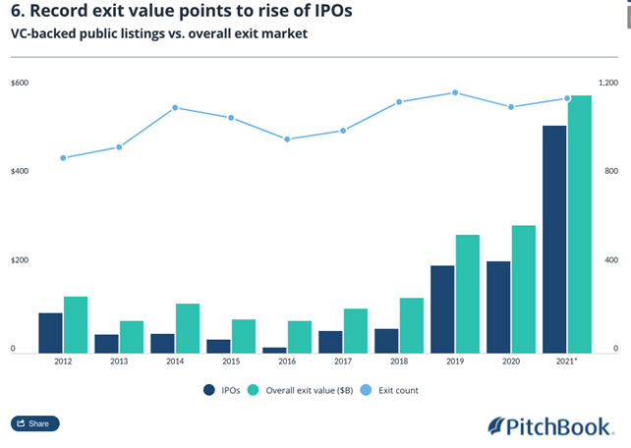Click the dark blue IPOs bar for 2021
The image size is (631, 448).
click(554, 238)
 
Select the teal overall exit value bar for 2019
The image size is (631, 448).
click(468, 293)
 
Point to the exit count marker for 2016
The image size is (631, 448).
click(287, 140)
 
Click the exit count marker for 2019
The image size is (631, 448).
click(454, 92)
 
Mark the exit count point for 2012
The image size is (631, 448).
click(63, 158)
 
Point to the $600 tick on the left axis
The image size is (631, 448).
click(20, 83)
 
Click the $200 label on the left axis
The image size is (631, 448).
click(20, 260)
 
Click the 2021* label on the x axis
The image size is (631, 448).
click(566, 363)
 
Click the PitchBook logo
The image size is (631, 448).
click(552, 425)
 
